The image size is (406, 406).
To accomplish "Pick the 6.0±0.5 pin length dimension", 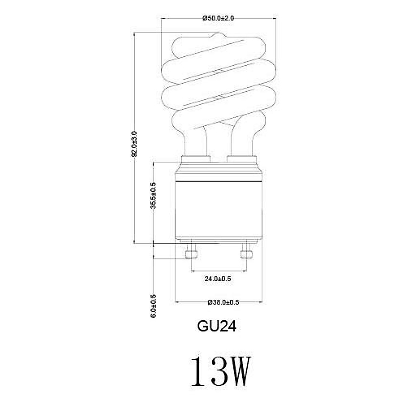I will coord(153,306).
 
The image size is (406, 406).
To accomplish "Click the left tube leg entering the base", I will coord(195,142).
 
